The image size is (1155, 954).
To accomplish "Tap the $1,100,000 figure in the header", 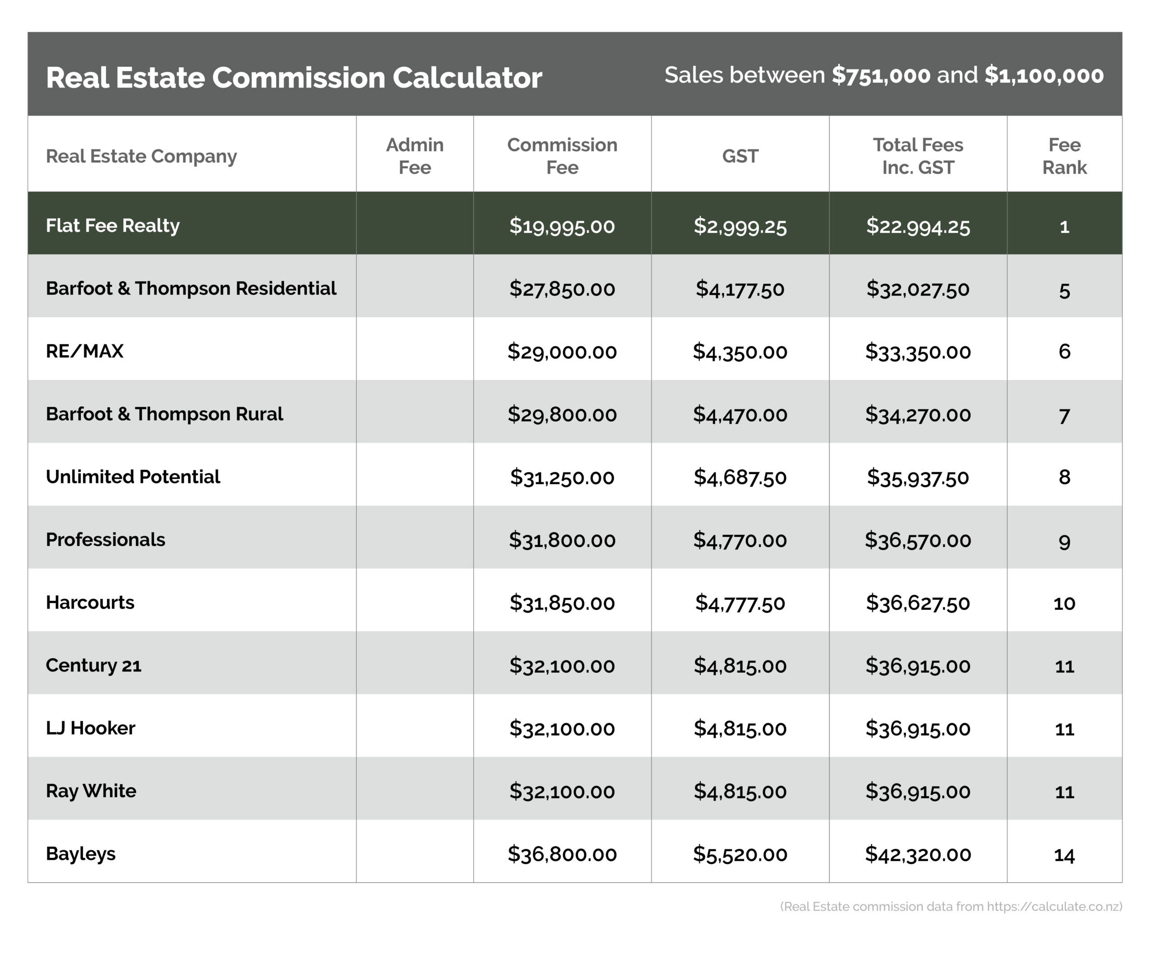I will (x=1044, y=75).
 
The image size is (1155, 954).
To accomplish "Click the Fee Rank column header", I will (x=1064, y=156).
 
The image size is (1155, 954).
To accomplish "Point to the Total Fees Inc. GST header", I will (x=918, y=156).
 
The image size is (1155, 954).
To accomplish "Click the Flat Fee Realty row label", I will (x=113, y=225).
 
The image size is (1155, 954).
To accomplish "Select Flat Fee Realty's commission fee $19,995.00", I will (x=562, y=226).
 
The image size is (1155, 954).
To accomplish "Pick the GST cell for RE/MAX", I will (x=739, y=351).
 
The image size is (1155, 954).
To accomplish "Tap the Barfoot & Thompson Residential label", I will (x=191, y=288).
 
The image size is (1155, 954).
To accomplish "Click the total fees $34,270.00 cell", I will (x=918, y=414).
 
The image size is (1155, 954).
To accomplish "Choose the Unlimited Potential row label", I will (x=133, y=477).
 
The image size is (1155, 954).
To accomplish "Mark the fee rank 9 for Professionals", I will (x=1064, y=541).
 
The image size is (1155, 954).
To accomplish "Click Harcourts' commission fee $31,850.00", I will (x=562, y=603).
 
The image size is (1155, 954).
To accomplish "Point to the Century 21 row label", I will (x=93, y=666).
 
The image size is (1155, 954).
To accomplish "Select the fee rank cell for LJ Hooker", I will (x=1064, y=729).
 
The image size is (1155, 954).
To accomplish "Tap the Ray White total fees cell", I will (x=918, y=792).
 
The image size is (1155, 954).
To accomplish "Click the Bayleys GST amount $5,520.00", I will (x=739, y=854).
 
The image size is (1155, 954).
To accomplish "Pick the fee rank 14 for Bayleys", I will (x=1064, y=855).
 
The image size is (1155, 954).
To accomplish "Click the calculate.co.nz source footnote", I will (x=951, y=906).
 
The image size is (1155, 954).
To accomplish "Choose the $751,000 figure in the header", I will (x=881, y=75).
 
